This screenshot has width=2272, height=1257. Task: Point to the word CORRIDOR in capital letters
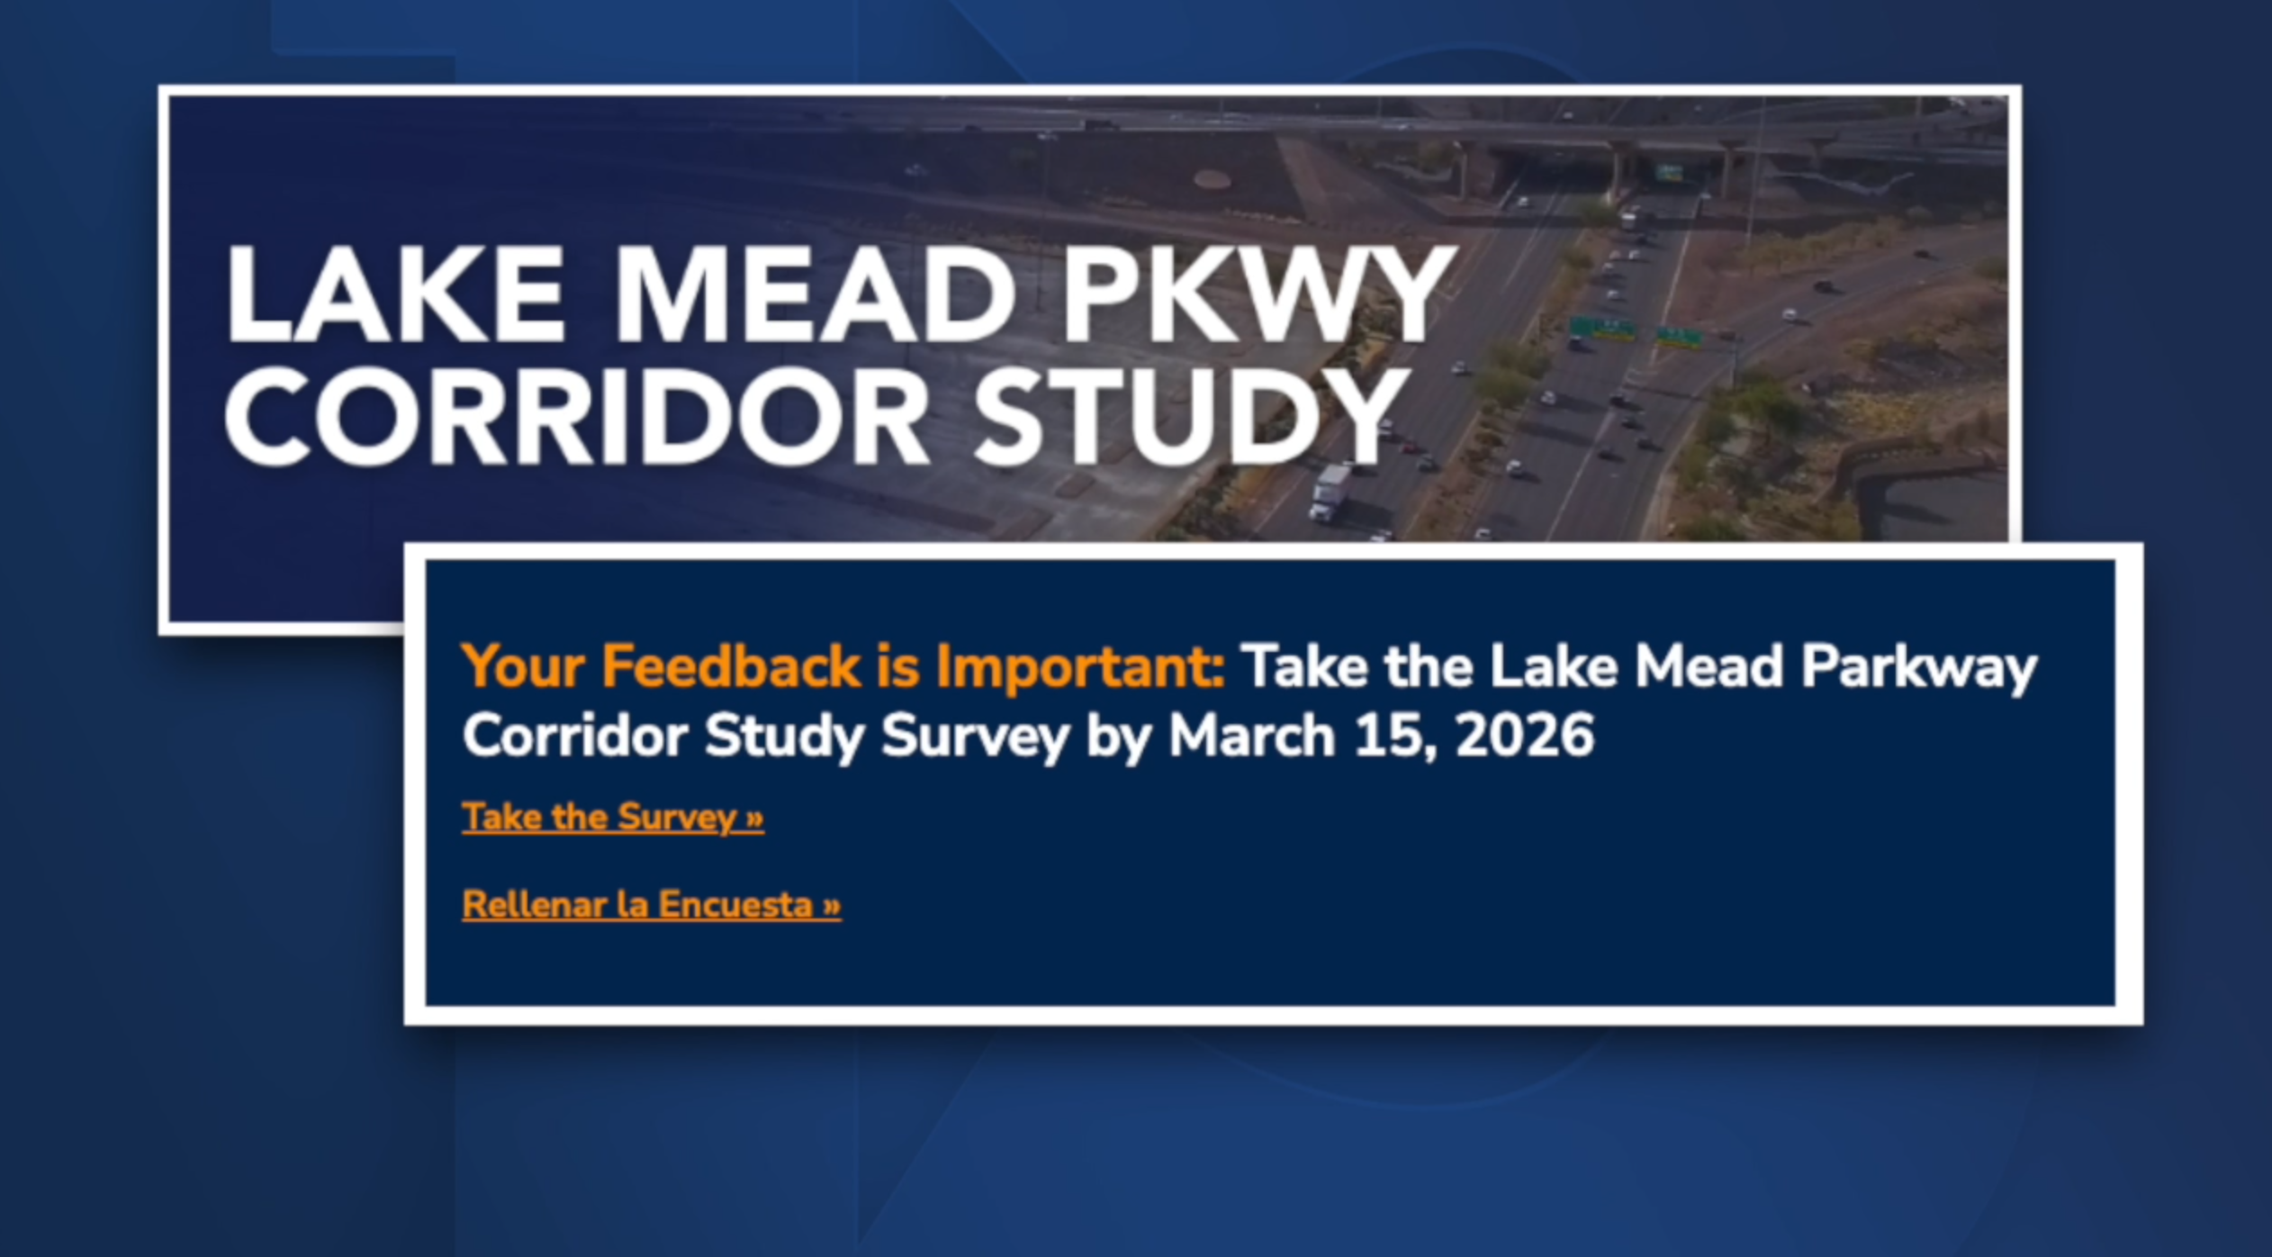tap(576, 420)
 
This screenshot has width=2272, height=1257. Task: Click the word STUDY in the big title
tap(1188, 420)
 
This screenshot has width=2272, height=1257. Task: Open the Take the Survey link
tap(613, 818)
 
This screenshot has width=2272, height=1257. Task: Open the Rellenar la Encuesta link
tap(652, 905)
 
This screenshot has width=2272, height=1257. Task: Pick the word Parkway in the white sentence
tap(1918, 667)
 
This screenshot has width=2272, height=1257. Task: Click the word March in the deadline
tap(1251, 736)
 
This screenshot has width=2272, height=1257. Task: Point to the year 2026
tap(1524, 736)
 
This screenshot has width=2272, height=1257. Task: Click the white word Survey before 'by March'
tap(975, 736)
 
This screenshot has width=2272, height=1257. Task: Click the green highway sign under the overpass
tap(1671, 171)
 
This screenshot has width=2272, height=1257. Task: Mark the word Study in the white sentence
tap(784, 736)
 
